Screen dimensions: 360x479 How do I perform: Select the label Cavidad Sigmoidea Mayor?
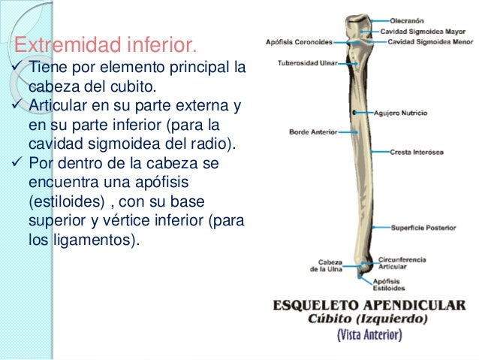click(423, 32)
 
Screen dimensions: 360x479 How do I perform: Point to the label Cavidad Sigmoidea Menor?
click(424, 42)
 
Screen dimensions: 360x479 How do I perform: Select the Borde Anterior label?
click(312, 132)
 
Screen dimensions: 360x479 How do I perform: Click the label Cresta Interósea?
click(416, 151)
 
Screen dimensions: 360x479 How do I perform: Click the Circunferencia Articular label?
click(403, 263)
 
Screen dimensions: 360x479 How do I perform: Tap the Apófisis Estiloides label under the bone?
click(389, 285)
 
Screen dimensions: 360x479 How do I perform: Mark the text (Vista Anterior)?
click(368, 334)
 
